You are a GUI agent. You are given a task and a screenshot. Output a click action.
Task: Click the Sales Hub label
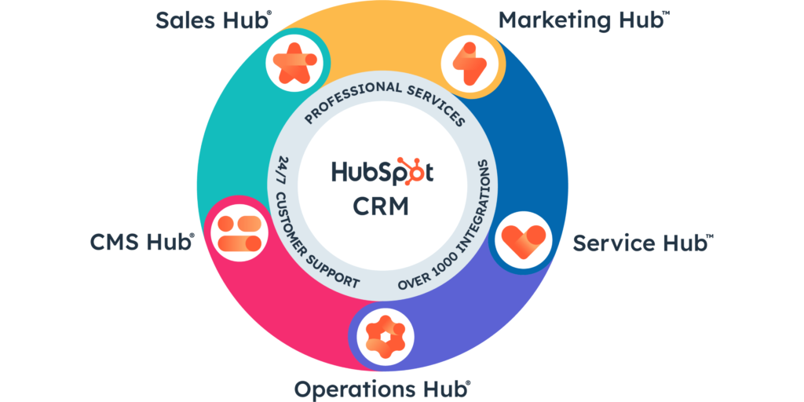coord(213,20)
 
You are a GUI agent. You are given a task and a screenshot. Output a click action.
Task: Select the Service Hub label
coord(642,243)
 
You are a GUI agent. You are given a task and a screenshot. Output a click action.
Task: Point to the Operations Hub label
coord(382,388)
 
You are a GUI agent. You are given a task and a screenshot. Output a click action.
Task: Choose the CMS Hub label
coord(142,243)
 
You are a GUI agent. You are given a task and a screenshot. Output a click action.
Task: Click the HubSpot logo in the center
coord(382,174)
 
